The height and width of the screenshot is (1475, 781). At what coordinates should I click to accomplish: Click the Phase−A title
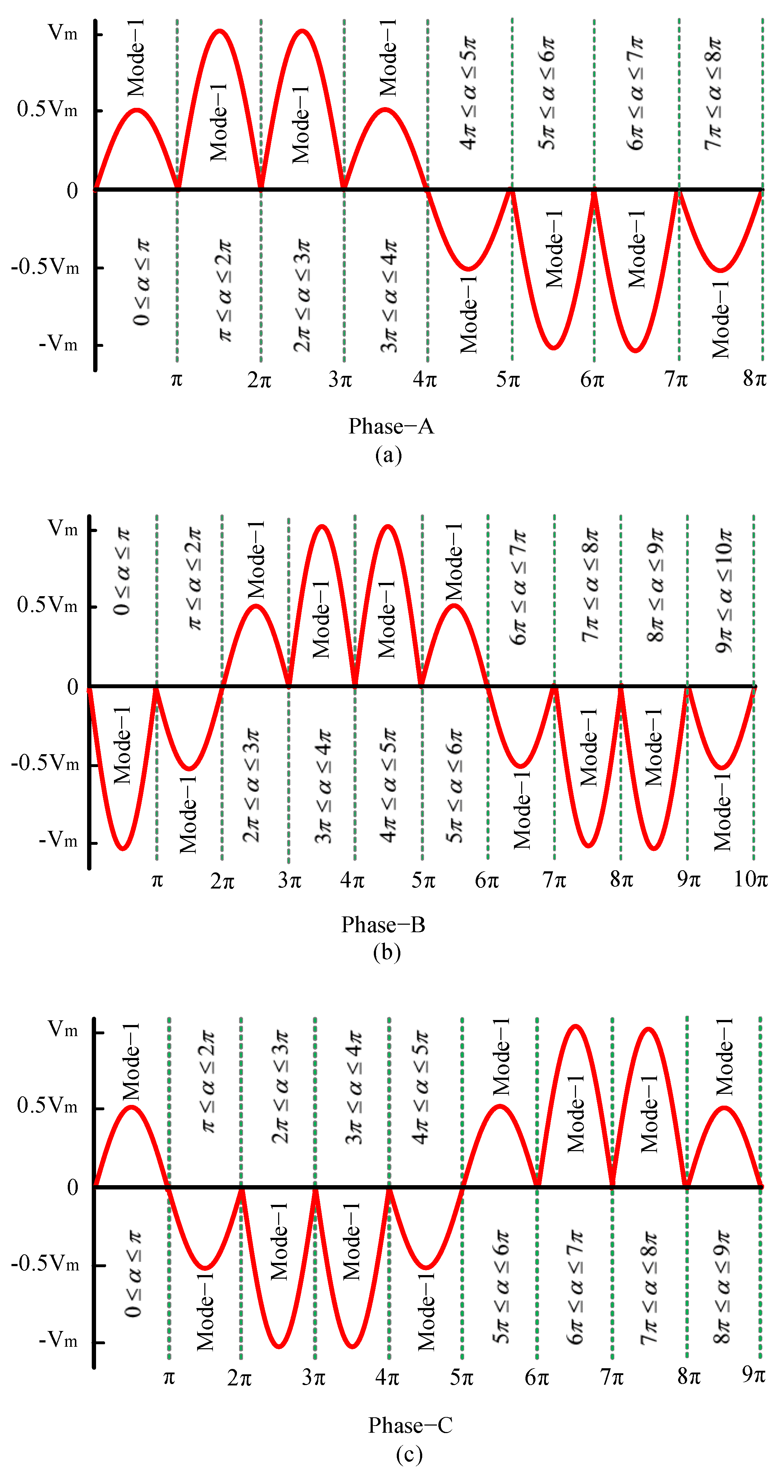391,427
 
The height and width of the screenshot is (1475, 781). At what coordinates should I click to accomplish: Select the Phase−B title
384,925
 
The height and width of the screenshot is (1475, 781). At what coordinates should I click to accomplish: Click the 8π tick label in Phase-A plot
754,378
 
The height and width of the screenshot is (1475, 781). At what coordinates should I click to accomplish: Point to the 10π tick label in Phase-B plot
751,879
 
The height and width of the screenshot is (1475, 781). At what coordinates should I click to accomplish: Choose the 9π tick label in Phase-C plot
753,1374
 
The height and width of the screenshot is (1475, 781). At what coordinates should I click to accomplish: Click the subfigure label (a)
389,455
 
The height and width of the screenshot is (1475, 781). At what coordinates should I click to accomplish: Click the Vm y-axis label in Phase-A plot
62,33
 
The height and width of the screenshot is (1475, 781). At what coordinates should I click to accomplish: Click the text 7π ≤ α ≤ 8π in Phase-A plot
713,94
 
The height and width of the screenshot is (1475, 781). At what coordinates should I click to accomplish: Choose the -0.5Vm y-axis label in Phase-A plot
45,267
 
